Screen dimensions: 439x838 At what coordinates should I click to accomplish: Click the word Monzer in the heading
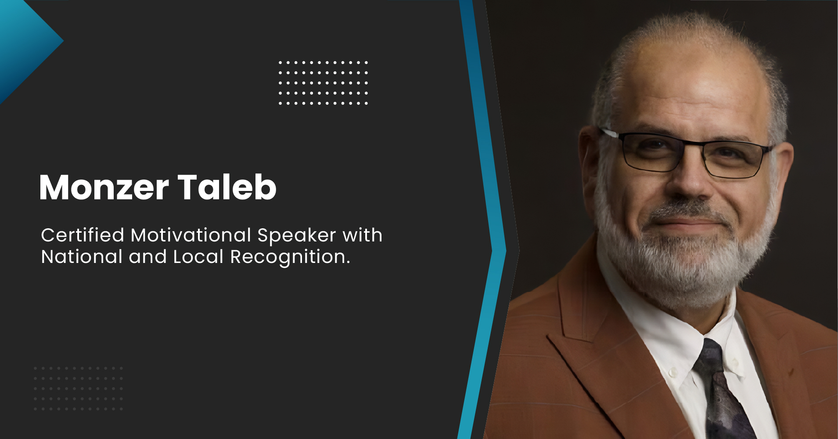point(104,187)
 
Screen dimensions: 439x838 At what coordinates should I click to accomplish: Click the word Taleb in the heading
point(227,187)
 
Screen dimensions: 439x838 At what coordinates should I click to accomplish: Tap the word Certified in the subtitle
point(83,235)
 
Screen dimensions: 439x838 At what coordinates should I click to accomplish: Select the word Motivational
point(191,235)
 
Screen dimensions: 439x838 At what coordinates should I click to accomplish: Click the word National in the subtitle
point(82,257)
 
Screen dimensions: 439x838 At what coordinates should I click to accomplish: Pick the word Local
point(198,257)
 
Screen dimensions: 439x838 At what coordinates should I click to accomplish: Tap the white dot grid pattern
point(323,83)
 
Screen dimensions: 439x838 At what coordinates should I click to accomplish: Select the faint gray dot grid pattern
point(78,389)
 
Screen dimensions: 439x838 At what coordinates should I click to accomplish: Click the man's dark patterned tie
point(720,391)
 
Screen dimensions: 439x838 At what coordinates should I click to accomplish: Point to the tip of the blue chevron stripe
point(505,251)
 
